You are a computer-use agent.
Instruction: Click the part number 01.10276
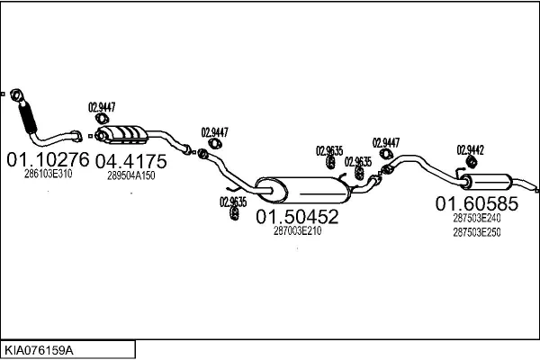click(x=48, y=160)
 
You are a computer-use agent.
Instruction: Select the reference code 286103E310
click(x=48, y=174)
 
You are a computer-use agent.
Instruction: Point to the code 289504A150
click(x=131, y=175)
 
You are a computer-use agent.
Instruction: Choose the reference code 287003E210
click(x=297, y=230)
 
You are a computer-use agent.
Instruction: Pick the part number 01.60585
click(x=477, y=203)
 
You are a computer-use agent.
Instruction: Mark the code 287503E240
click(x=477, y=218)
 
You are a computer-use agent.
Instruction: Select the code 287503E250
click(x=477, y=232)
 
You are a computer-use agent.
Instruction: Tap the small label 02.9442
click(x=470, y=149)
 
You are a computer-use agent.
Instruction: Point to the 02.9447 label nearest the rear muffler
click(x=385, y=142)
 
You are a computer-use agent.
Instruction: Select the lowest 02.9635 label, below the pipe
click(x=233, y=202)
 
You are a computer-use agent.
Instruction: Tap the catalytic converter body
click(x=125, y=135)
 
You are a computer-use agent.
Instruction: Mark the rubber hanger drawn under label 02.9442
click(x=469, y=162)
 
